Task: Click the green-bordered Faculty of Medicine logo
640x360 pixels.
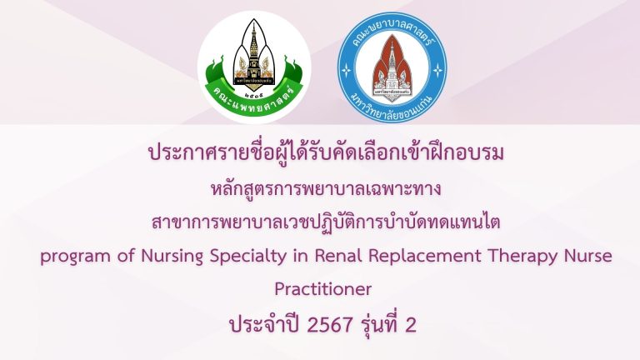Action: (254, 70)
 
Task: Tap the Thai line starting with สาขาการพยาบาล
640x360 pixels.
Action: (320, 222)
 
